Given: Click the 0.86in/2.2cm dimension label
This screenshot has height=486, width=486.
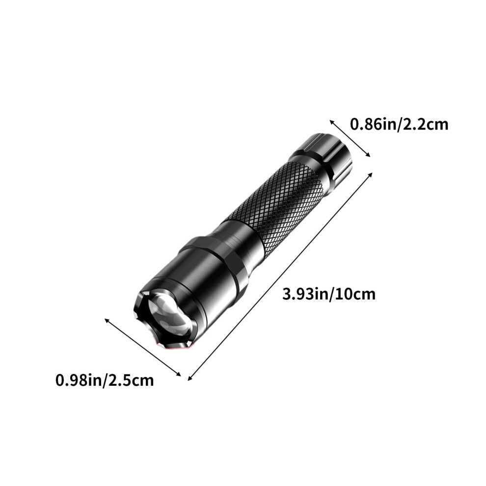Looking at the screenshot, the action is coord(399,125).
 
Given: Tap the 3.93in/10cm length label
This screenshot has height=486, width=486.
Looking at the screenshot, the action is coord(329,294).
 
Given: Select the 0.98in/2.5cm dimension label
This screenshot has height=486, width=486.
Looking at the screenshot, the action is coord(105,380).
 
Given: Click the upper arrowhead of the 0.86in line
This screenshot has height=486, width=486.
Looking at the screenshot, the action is coord(331,122).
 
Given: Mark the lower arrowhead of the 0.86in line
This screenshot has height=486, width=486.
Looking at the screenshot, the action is coord(369,155).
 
